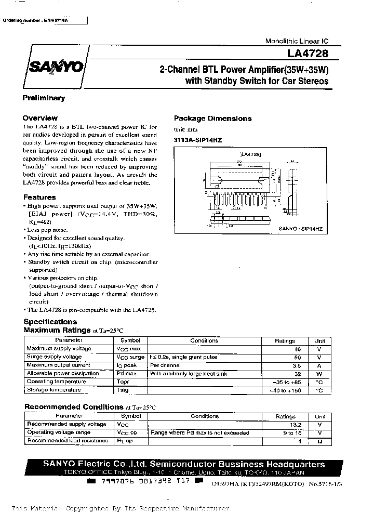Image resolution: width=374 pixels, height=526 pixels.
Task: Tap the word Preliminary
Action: point(44,98)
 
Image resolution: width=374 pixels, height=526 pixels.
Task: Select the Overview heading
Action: point(40,118)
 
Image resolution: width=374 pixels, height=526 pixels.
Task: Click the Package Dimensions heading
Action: point(212,118)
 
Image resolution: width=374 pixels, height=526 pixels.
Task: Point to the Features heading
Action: point(39,197)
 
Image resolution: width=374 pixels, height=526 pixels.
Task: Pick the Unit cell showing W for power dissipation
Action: point(319,374)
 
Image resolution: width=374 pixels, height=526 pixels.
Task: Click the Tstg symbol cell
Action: point(123,390)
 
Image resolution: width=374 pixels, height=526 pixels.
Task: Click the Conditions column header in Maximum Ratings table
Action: point(204,340)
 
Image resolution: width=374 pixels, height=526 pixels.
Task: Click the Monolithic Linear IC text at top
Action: point(297,41)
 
